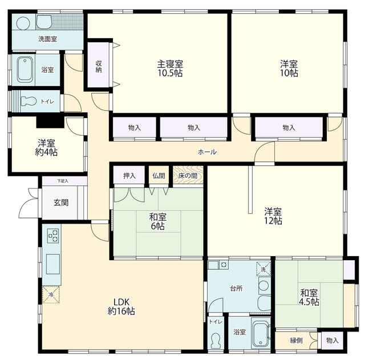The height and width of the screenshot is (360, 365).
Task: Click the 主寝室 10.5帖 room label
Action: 170,68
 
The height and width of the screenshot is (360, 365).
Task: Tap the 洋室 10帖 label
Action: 289,68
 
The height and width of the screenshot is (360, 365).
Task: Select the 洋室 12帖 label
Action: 273,216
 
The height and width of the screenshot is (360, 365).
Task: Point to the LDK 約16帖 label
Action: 121,306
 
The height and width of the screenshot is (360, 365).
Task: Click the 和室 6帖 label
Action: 157,222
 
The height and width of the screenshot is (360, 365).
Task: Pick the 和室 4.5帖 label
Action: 309,297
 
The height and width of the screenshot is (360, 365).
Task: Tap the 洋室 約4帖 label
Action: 46,148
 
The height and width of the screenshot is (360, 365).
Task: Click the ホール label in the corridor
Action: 207,152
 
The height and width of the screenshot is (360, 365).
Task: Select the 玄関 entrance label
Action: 61,203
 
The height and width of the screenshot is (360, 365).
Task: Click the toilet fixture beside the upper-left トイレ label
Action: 29,102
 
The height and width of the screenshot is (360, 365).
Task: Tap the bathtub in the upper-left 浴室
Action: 25,70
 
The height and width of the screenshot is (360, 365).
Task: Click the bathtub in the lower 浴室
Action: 261,332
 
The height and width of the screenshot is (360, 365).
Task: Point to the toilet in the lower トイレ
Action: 216,340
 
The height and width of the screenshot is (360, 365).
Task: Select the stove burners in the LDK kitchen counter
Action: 53,236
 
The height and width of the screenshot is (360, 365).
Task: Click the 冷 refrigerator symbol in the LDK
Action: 51,294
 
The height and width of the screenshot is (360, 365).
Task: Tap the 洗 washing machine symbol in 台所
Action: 263,269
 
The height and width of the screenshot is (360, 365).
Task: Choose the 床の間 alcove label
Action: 188,176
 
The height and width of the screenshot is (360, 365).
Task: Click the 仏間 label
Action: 159,176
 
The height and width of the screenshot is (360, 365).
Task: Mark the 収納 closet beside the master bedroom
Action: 99,66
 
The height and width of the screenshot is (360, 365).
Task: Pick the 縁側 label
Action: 296,341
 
